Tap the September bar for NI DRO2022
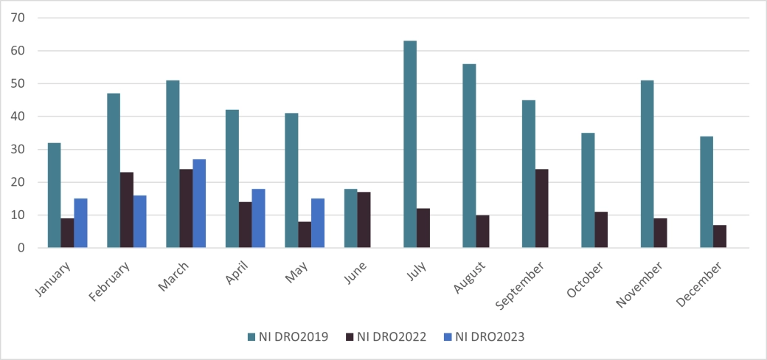pos(542,209)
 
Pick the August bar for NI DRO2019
pos(469,156)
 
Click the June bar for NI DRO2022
pos(364,220)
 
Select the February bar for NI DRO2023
pos(140,221)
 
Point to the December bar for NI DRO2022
pos(720,236)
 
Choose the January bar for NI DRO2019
pos(54,195)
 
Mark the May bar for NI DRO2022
pos(305,235)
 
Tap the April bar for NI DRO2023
pos(258,218)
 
